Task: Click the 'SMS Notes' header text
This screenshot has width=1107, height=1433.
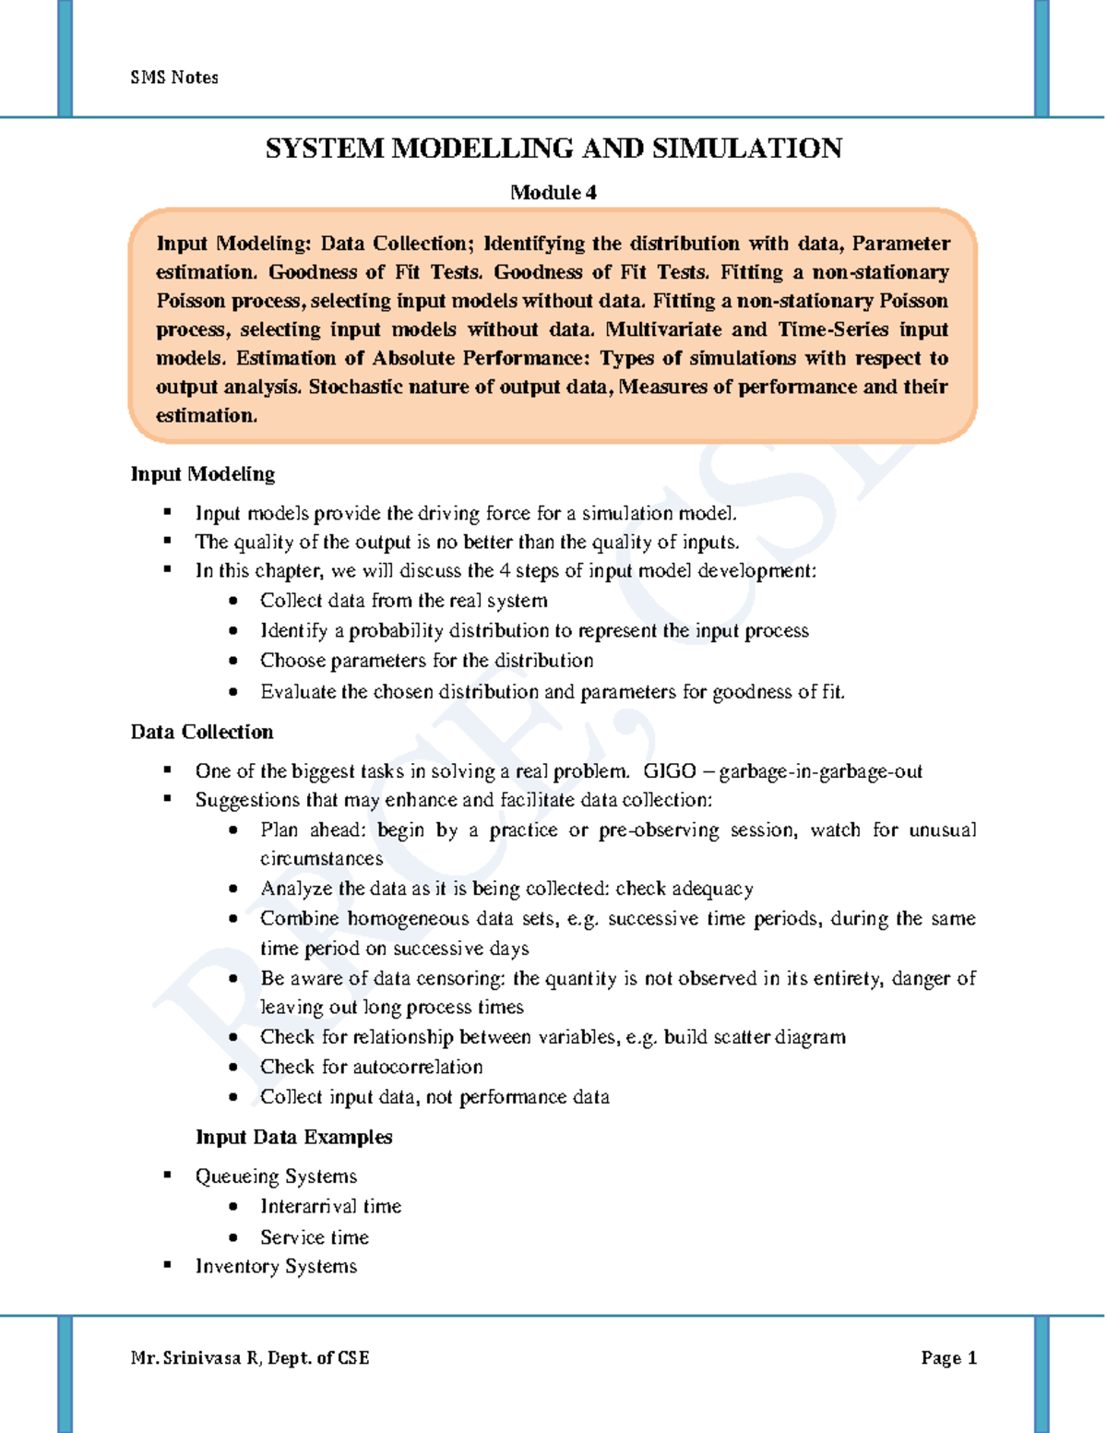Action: [x=174, y=78]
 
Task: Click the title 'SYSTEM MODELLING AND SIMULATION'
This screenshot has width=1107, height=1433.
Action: [x=553, y=149]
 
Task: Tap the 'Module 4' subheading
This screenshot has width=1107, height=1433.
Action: [x=553, y=193]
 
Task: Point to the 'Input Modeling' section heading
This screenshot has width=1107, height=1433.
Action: [x=203, y=474]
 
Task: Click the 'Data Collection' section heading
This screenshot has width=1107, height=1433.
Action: [x=202, y=732]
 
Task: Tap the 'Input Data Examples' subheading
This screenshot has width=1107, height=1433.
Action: [x=293, y=1137]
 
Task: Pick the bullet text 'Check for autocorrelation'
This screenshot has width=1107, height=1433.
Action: [x=371, y=1067]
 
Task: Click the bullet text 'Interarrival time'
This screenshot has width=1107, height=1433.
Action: [x=330, y=1206]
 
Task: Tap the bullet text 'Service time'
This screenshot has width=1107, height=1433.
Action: [x=314, y=1237]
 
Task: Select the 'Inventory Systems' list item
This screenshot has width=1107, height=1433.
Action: [x=276, y=1266]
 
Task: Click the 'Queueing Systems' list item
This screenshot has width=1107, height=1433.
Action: [x=276, y=1176]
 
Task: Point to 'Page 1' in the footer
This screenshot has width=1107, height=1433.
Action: [x=948, y=1357]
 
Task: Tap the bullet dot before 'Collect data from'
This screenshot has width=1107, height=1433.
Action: [x=234, y=601]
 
